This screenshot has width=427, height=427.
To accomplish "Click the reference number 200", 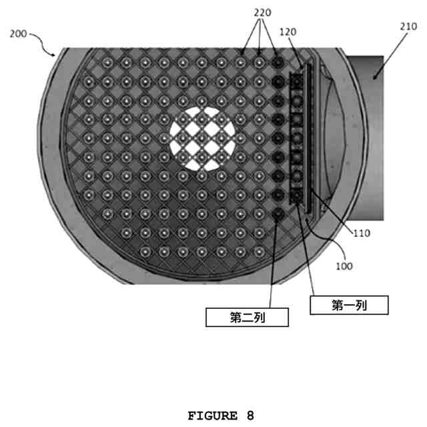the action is coord(19,33).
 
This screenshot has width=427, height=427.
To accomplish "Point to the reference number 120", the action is coord(288,32).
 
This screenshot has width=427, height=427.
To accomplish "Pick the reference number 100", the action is coord(344,266).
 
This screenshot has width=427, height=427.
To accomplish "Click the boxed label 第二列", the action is coord(248,317).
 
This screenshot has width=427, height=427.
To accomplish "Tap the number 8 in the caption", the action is coord(250,416).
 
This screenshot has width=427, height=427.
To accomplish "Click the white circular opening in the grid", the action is coord(202,138).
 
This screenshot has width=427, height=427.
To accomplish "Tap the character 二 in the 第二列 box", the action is coord(248,317).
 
